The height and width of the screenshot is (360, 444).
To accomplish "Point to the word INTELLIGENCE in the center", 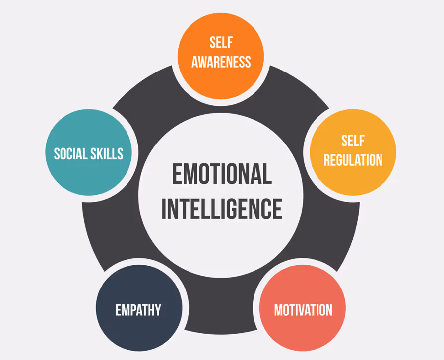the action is click(222, 209).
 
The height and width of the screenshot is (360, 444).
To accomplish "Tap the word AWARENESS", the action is click(221, 62).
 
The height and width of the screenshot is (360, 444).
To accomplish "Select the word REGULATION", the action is click(353, 159).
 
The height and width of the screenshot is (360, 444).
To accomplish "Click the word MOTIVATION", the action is click(303, 310).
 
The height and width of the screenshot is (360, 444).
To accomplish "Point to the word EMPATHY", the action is click(138, 310).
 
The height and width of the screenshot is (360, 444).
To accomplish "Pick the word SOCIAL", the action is click(70, 153).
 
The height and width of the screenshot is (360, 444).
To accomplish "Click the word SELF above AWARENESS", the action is click(221, 43).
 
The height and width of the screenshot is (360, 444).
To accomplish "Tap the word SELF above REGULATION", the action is click(353, 141).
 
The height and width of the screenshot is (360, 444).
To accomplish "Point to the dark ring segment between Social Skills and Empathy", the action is click(99, 233).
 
